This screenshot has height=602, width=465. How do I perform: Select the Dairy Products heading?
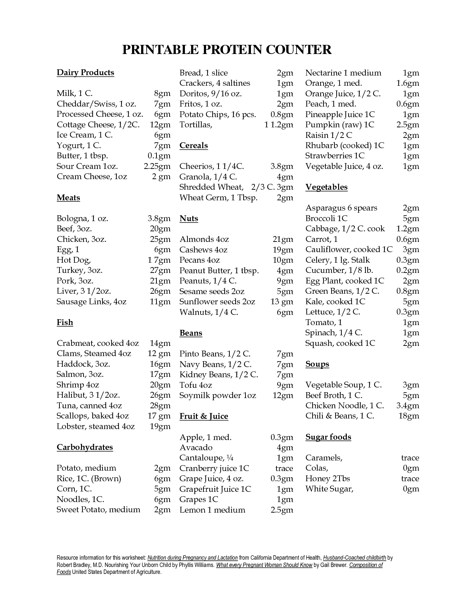tap(85, 73)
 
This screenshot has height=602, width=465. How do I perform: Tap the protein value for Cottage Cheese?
tap(160, 125)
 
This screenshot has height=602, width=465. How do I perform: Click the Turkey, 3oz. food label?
tap(80, 270)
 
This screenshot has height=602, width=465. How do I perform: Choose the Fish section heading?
tap(65, 323)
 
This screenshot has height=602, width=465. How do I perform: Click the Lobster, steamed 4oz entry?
tap(96, 427)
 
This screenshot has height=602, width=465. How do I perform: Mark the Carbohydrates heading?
tap(85, 447)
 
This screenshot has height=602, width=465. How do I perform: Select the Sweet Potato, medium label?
tap(98, 510)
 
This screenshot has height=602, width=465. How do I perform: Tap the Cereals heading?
tap(194, 146)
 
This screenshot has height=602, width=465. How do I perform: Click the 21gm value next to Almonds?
tap(283, 239)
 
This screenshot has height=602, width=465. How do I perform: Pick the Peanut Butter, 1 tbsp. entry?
tap(219, 271)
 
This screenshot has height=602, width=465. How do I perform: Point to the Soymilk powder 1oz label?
tap(218, 395)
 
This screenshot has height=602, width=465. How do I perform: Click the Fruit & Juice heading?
tap(204, 416)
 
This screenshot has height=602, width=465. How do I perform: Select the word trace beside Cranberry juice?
tap(284, 468)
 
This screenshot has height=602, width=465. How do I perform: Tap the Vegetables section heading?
tap(326, 187)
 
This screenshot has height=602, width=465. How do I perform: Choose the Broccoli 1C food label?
tap(326, 219)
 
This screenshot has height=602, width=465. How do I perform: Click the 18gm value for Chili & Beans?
tap(409, 416)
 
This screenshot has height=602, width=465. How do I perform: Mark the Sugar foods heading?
tap(328, 437)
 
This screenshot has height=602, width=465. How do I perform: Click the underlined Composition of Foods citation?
tap(366, 565)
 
